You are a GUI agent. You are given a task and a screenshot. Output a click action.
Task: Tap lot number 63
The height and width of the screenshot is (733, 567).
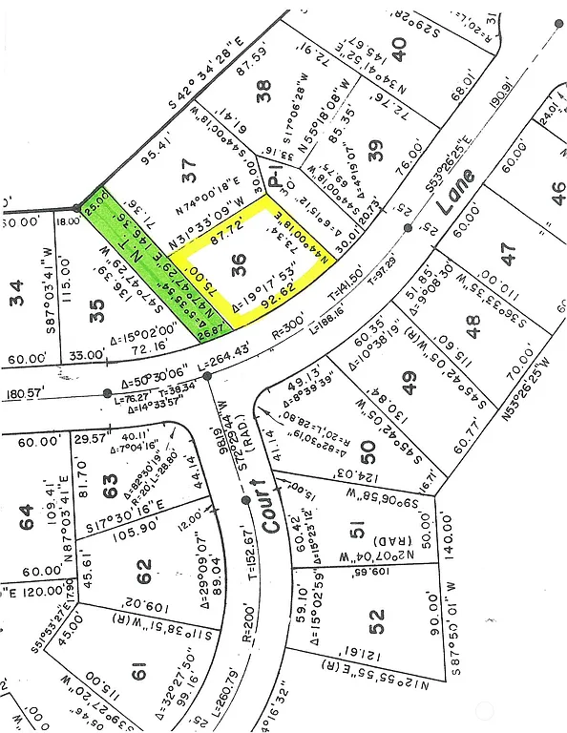(x=111, y=482)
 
